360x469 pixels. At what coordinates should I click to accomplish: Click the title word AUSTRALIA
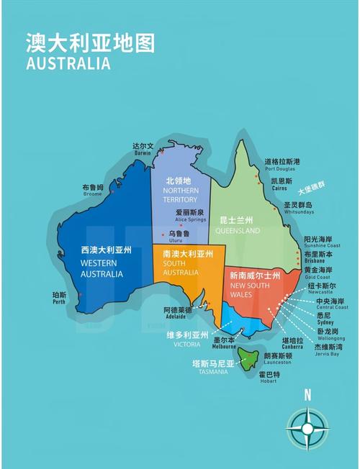tap(68, 63)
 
